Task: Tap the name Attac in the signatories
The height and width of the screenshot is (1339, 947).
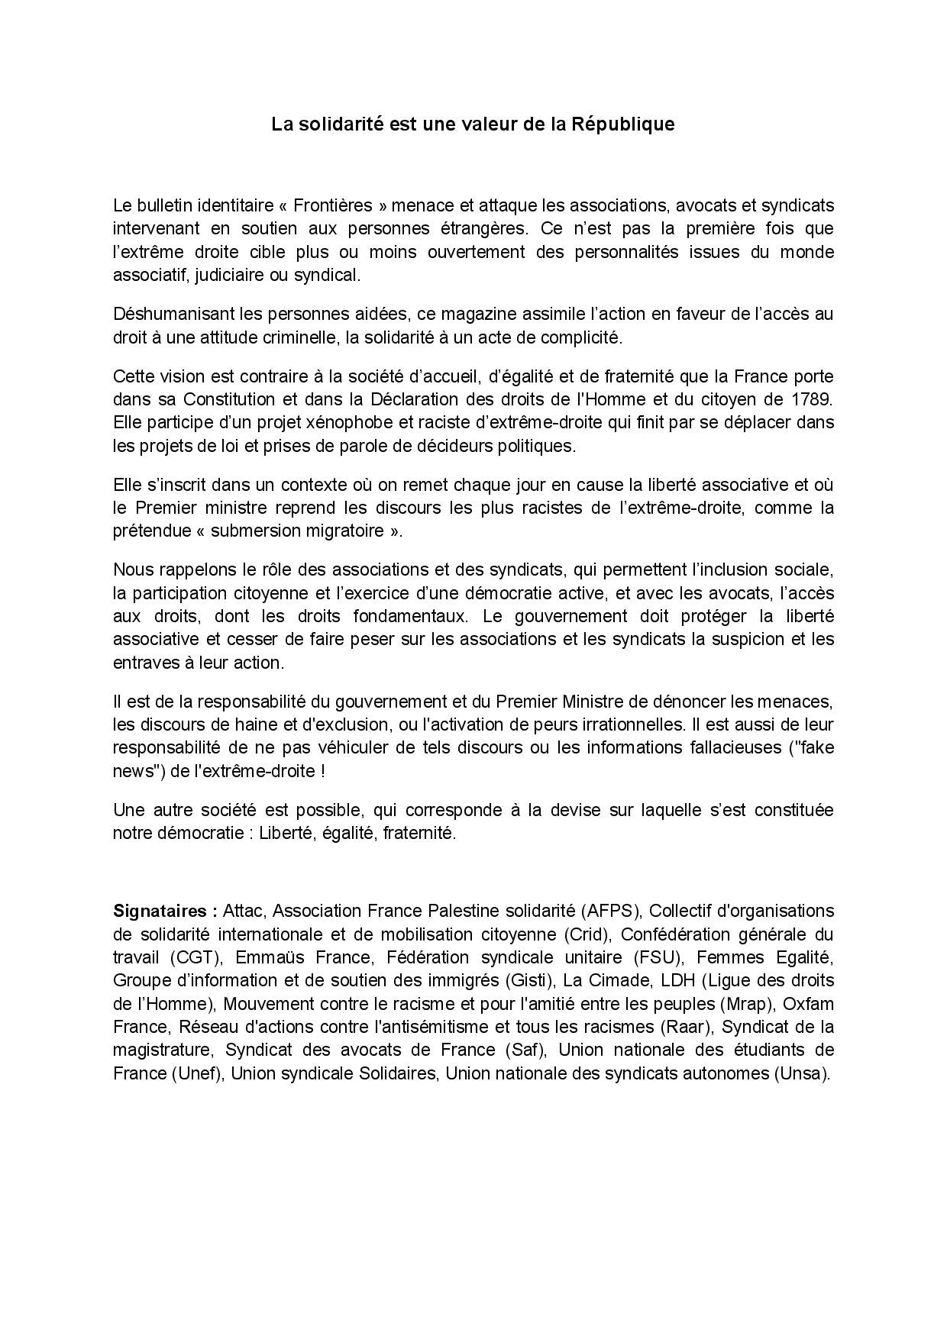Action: tap(244, 911)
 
